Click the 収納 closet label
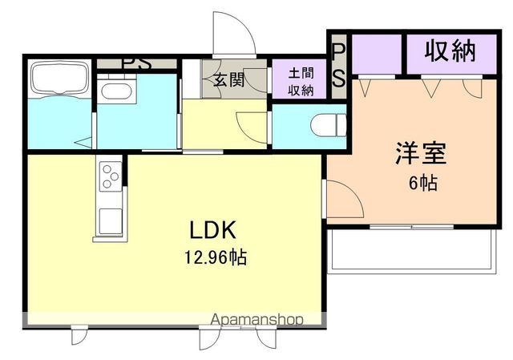[x=450, y=51]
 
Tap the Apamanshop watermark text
[x=256, y=319]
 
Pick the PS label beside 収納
[x=339, y=64]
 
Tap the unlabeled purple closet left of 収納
[x=376, y=55]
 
